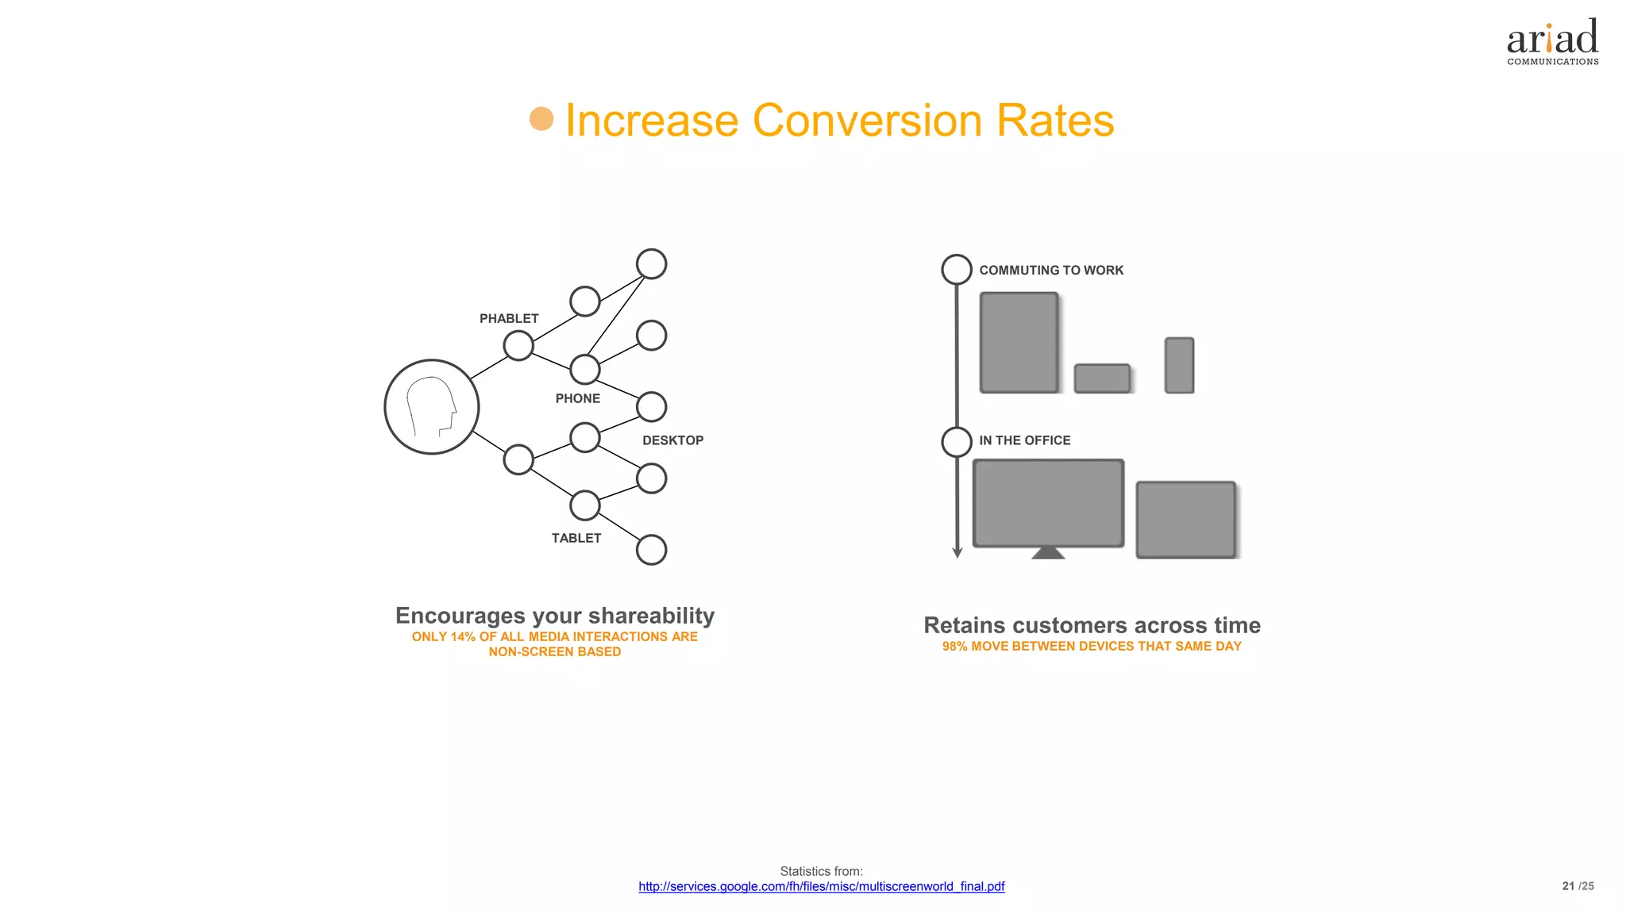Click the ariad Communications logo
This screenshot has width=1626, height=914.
pos(1552,42)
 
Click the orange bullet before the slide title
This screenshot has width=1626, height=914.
pos(541,119)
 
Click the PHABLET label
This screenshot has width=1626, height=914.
pos(509,318)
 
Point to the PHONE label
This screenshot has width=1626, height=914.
pos(577,398)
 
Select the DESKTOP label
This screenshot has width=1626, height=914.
pos(672,440)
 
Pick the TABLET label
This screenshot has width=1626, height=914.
pos(576,538)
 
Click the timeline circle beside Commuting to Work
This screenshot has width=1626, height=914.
pos(957,270)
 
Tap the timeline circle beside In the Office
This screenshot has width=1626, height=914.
pos(957,442)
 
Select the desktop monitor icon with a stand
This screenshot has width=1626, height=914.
pos(1048,505)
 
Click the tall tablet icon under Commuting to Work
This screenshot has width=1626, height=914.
pos(1019,342)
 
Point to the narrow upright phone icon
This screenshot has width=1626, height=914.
pos(1179,365)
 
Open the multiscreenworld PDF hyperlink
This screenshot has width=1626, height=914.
pos(821,886)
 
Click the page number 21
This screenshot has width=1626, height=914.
pos(1567,886)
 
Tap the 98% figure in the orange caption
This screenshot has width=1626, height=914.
pos(954,647)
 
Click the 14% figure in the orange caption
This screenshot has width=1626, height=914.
pos(463,637)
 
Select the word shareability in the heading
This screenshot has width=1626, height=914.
pos(651,616)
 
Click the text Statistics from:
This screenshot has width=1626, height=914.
pos(821,871)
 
